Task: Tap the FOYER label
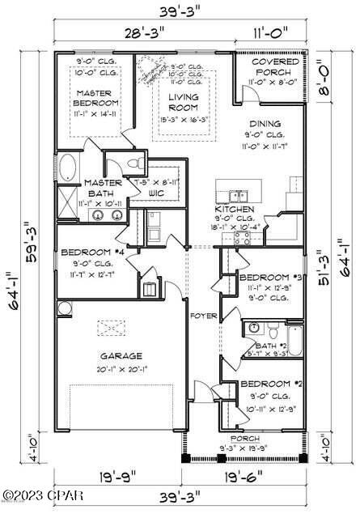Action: pos(201,315)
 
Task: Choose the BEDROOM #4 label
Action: pos(91,253)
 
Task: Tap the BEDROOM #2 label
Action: pos(270,383)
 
